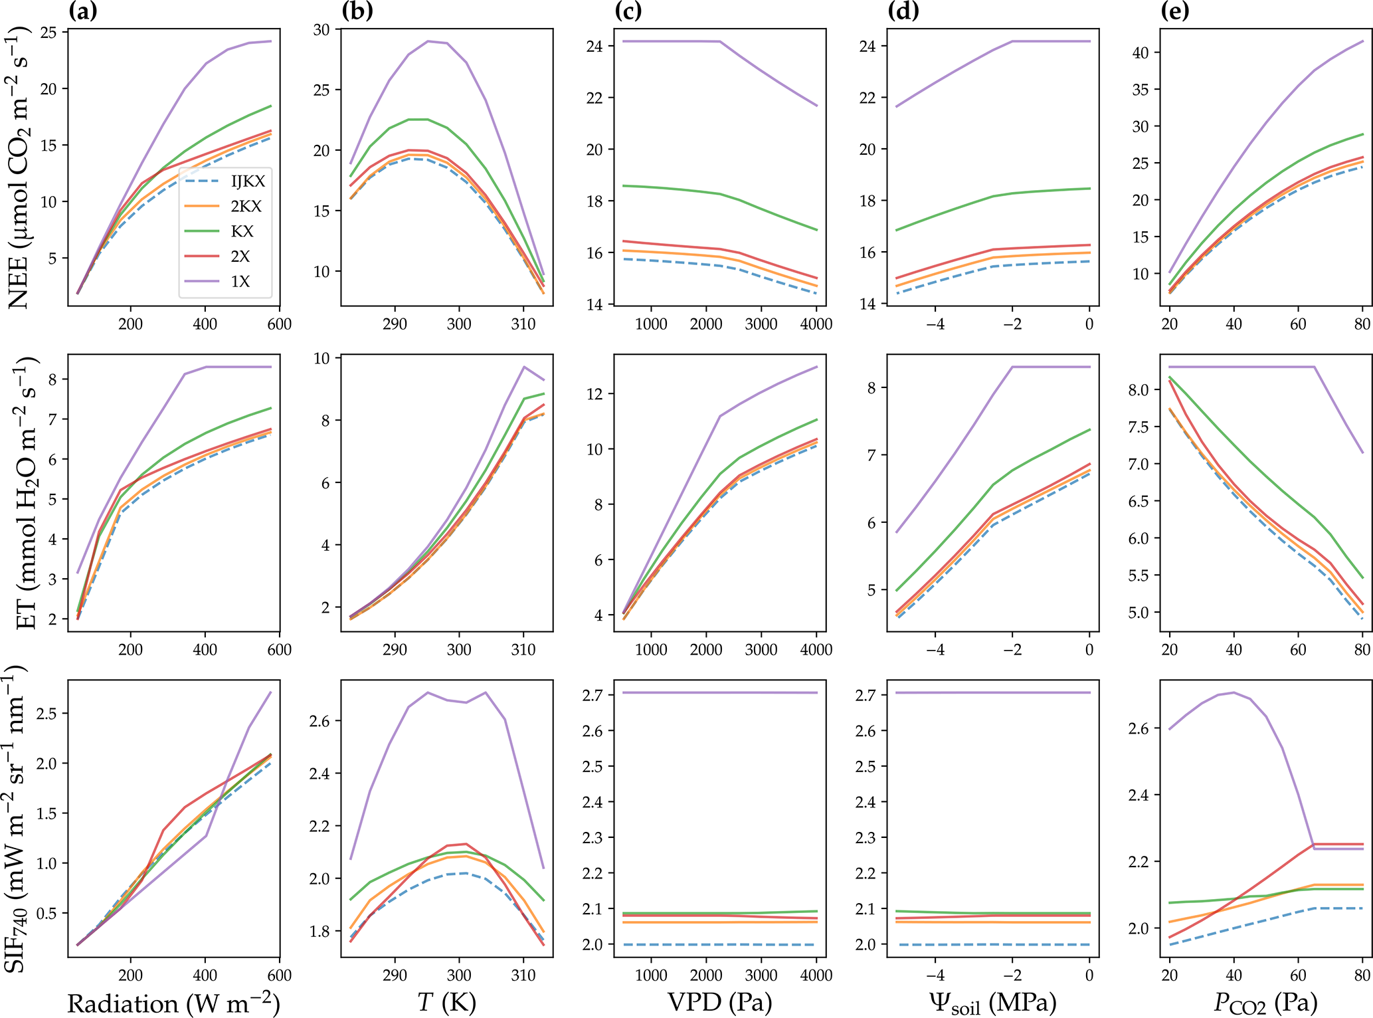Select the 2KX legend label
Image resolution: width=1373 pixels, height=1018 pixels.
coord(246,207)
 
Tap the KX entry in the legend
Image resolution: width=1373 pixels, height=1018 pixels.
coord(242,231)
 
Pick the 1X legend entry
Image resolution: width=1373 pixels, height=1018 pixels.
coord(240,282)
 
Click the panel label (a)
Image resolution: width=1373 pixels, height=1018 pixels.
coord(83,11)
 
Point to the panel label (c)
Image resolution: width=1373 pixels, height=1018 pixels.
coord(629,11)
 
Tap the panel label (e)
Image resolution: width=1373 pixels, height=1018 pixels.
coord(1175,11)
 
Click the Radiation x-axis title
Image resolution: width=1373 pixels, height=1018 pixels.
coord(173,1003)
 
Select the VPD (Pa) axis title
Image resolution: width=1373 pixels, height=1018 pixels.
coord(720,1002)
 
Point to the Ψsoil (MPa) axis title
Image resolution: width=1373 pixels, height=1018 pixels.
coord(993,1003)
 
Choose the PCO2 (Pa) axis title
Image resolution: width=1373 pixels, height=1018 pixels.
coord(1265,1003)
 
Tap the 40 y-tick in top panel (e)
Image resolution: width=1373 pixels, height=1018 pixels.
coord(1141,52)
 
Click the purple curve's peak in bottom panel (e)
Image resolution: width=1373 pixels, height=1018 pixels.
coord(1234,692)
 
